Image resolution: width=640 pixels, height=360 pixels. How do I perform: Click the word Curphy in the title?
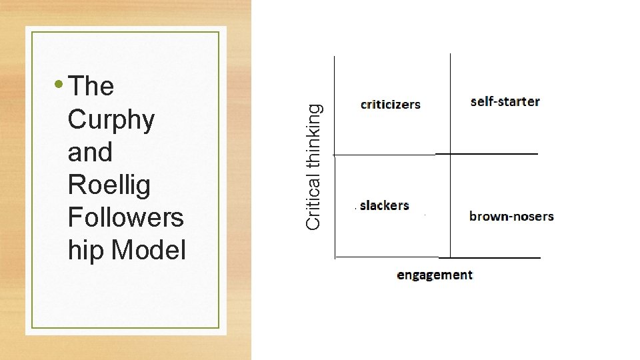click(x=111, y=120)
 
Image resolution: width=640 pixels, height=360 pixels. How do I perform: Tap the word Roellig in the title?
click(x=109, y=185)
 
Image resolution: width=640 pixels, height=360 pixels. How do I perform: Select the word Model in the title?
click(x=149, y=251)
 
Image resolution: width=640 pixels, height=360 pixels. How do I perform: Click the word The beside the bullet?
click(x=91, y=86)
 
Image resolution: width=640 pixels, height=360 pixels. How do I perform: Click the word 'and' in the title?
click(x=90, y=152)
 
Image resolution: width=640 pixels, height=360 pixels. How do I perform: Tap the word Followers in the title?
click(x=125, y=218)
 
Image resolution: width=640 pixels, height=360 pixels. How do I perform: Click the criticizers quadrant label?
click(x=391, y=104)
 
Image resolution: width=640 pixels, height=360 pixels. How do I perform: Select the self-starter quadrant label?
click(x=505, y=101)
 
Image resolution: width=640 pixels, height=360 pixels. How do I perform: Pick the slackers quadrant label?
click(x=384, y=205)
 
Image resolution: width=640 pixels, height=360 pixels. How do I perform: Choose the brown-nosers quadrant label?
click(x=511, y=216)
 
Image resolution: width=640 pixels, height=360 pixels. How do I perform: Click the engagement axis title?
click(x=435, y=275)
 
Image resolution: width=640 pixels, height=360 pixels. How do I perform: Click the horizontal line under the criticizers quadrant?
click(x=384, y=155)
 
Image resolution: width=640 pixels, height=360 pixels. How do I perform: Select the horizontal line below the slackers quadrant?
click(x=387, y=257)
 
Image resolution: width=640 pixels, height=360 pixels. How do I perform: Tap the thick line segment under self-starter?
click(x=487, y=154)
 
